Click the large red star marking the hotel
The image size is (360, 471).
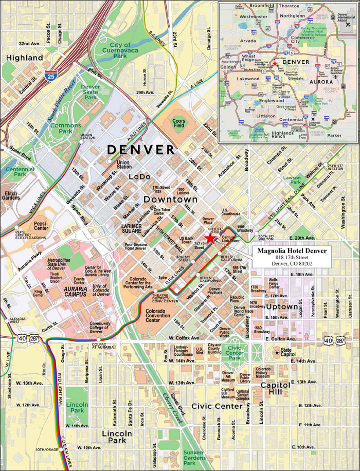click(210, 238)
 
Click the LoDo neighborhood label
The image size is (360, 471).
click(139, 176)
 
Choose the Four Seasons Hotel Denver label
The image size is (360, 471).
click(137, 246)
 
